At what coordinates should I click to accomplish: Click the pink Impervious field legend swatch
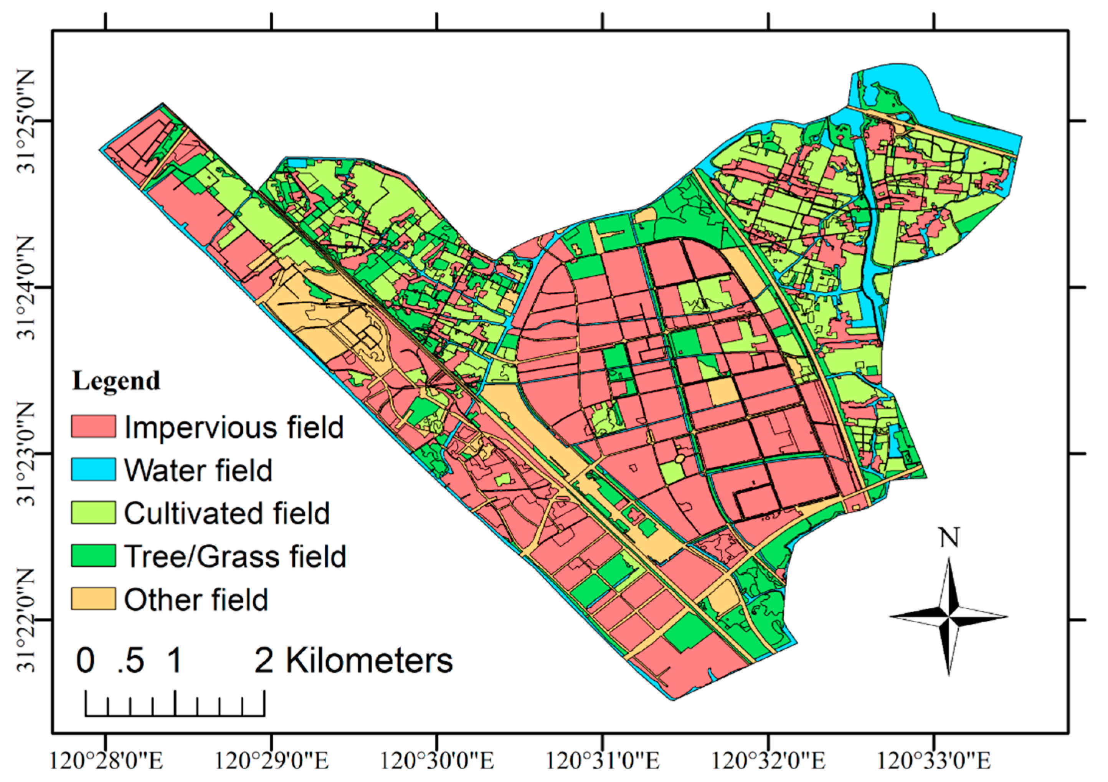[93, 426]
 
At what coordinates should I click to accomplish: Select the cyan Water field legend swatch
[93, 469]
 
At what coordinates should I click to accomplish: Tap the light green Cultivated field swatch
[93, 512]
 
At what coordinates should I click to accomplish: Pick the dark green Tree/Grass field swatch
[93, 555]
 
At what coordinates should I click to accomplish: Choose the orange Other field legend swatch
[93, 598]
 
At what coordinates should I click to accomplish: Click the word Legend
[116, 381]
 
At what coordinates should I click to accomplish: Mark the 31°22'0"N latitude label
[26, 620]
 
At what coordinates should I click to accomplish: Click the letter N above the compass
[949, 537]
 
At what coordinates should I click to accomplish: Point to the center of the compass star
[949, 617]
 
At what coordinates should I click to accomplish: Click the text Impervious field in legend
[234, 427]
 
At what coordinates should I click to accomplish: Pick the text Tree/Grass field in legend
[235, 556]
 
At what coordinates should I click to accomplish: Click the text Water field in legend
[198, 470]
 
